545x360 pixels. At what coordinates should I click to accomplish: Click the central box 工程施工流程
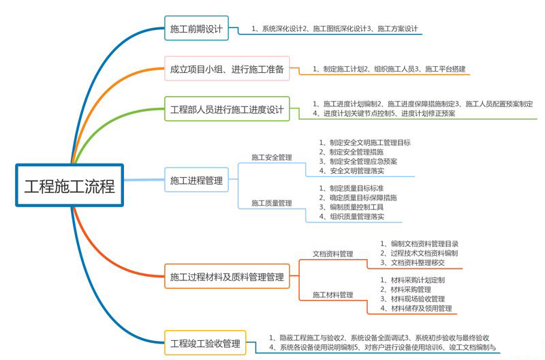(x=69, y=185)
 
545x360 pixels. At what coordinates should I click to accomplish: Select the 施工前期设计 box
(x=196, y=28)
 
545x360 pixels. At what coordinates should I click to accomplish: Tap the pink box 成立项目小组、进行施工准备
(x=227, y=68)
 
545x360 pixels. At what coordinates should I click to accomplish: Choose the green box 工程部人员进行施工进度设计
(x=227, y=109)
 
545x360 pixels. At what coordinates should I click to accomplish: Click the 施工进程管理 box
(x=196, y=180)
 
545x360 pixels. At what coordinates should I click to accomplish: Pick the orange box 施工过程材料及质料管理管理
(x=227, y=276)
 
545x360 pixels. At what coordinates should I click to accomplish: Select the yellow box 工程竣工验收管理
(x=205, y=343)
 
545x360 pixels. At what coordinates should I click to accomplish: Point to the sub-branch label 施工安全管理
(x=272, y=157)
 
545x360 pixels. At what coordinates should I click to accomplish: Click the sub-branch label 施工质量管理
(x=272, y=203)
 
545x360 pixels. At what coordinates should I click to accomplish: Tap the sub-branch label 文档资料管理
(x=332, y=254)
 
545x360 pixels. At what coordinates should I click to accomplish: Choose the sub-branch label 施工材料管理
(x=332, y=295)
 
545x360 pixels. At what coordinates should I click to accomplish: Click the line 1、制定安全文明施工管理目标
(x=364, y=142)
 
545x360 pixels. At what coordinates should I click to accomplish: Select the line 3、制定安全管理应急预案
(x=358, y=162)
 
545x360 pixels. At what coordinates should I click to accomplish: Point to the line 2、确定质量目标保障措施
(x=358, y=198)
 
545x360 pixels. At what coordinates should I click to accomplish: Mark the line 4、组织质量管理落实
(x=352, y=217)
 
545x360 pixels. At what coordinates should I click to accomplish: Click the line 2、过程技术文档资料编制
(x=419, y=253)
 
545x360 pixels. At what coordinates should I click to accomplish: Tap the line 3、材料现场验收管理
(x=412, y=299)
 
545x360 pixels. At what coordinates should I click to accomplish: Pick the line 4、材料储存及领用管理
(x=416, y=308)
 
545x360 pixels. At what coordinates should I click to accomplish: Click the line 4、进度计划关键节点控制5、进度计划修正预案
(x=384, y=113)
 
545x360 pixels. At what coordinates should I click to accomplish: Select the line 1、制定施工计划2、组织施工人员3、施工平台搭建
(x=388, y=69)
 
